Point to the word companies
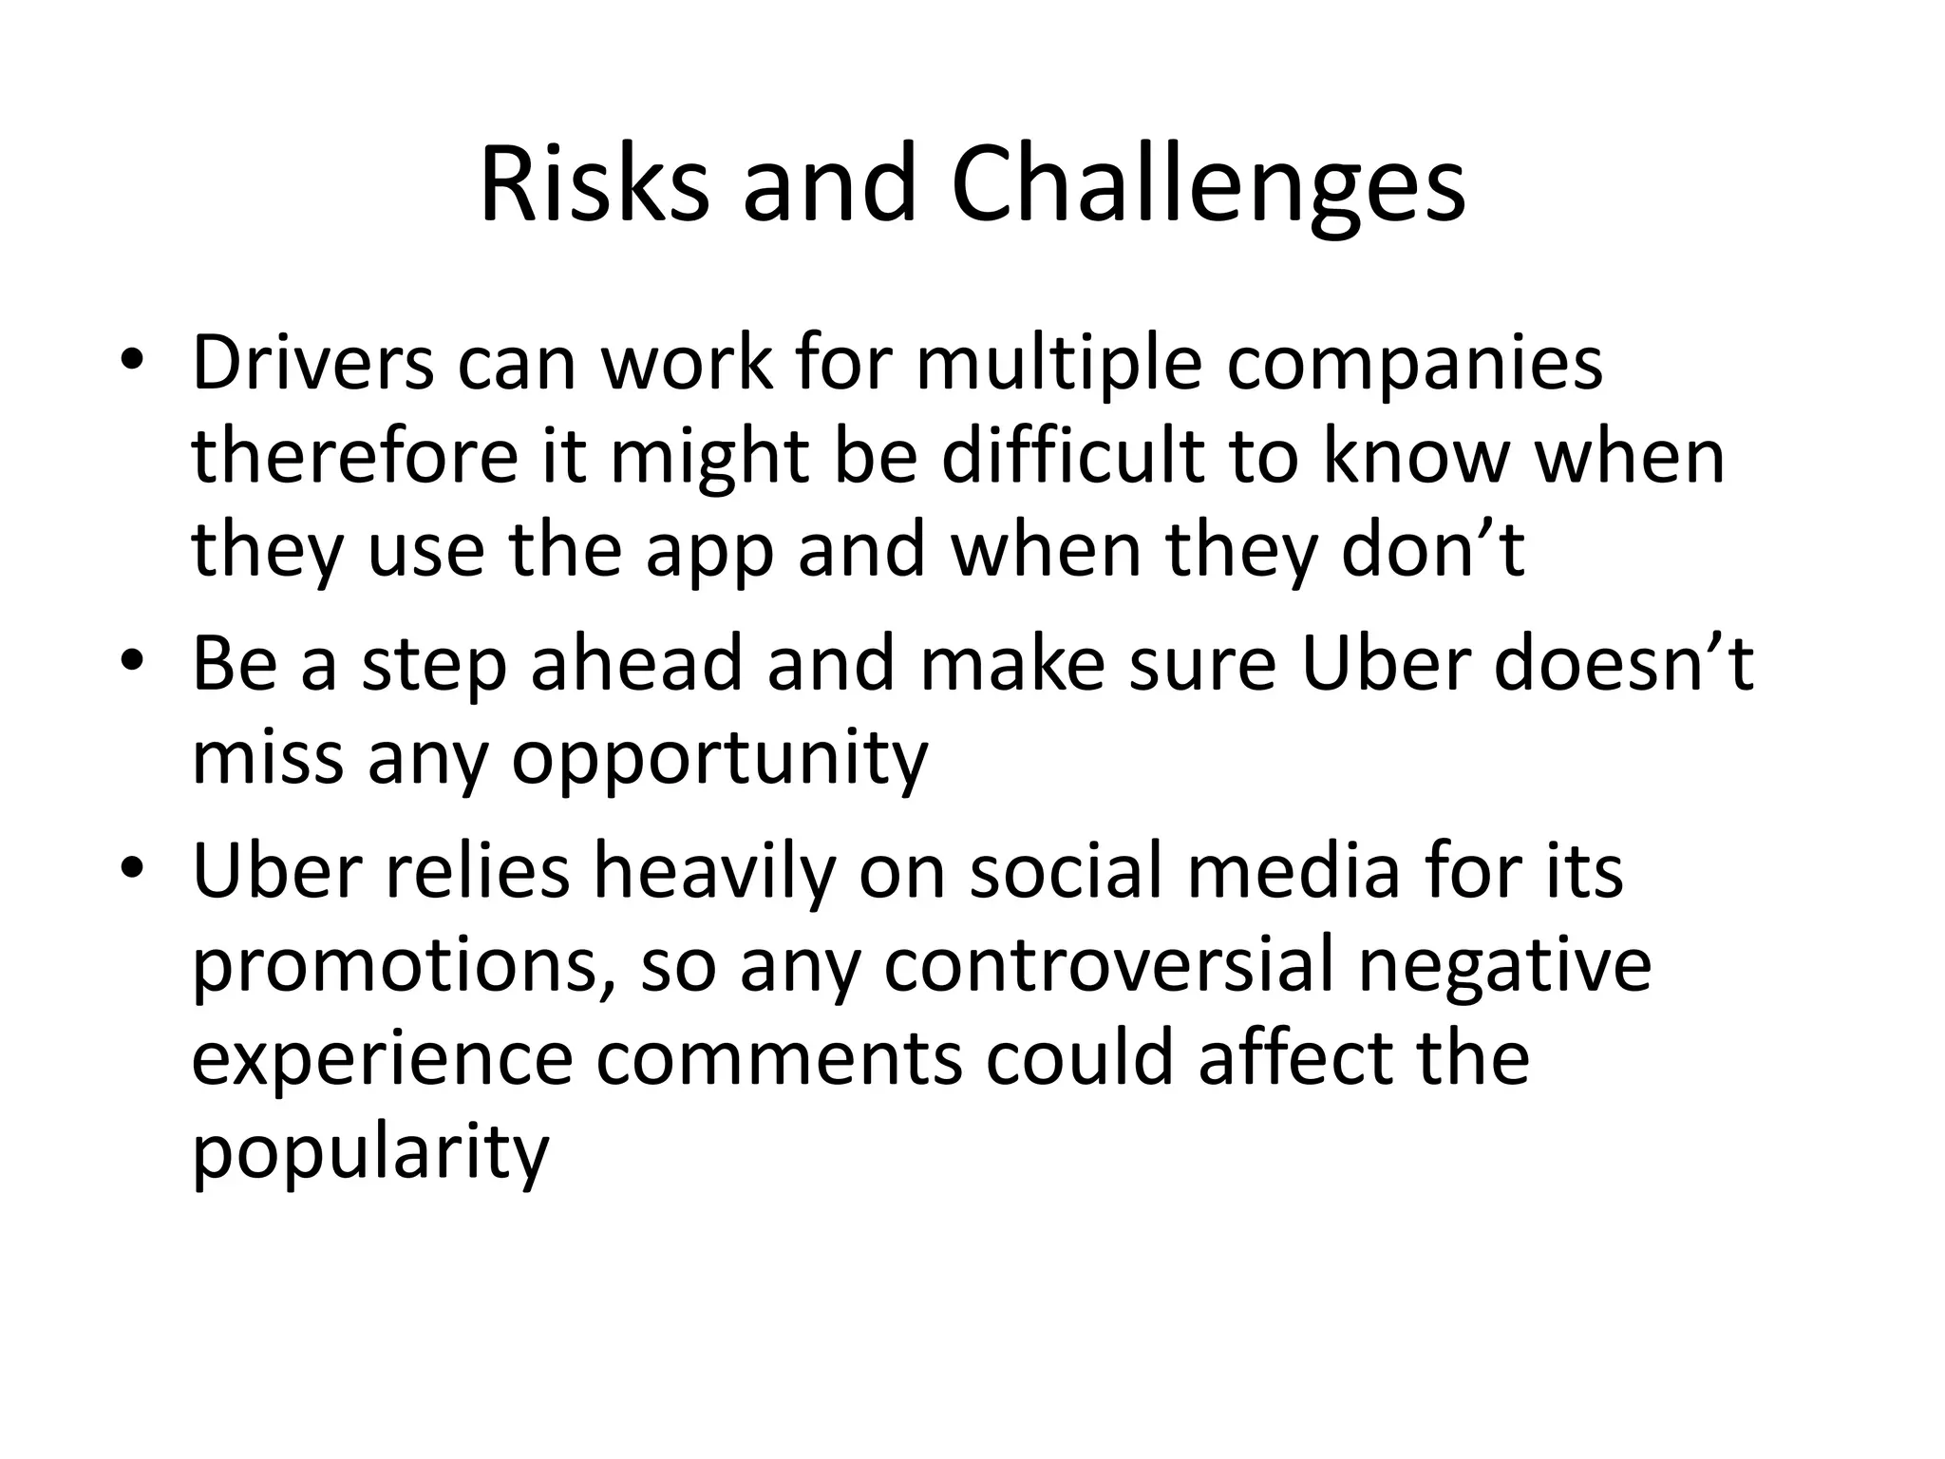pyautogui.click(x=1414, y=365)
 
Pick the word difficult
pyautogui.click(x=1073, y=457)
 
